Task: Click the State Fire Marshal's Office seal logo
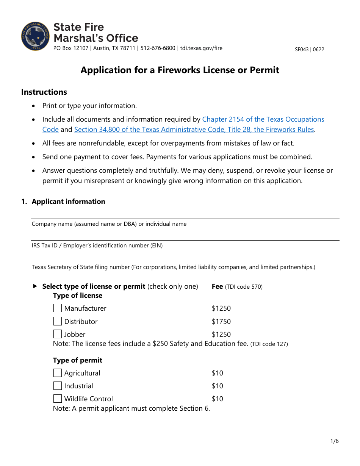36,36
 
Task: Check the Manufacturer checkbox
58,308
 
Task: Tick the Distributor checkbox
58,321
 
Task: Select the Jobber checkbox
58,334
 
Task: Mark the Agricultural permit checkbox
58,373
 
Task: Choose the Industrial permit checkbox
58,386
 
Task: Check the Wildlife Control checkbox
58,399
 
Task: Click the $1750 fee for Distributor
221,322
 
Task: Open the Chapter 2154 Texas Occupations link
263,119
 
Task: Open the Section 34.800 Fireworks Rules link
194,130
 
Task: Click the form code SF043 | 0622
309,49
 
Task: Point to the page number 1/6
334,441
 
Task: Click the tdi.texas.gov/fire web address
201,48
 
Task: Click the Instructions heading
44,92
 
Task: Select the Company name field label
109,224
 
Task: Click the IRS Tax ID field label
97,246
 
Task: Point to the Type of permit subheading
77,360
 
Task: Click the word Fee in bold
217,286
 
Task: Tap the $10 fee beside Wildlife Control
218,399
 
